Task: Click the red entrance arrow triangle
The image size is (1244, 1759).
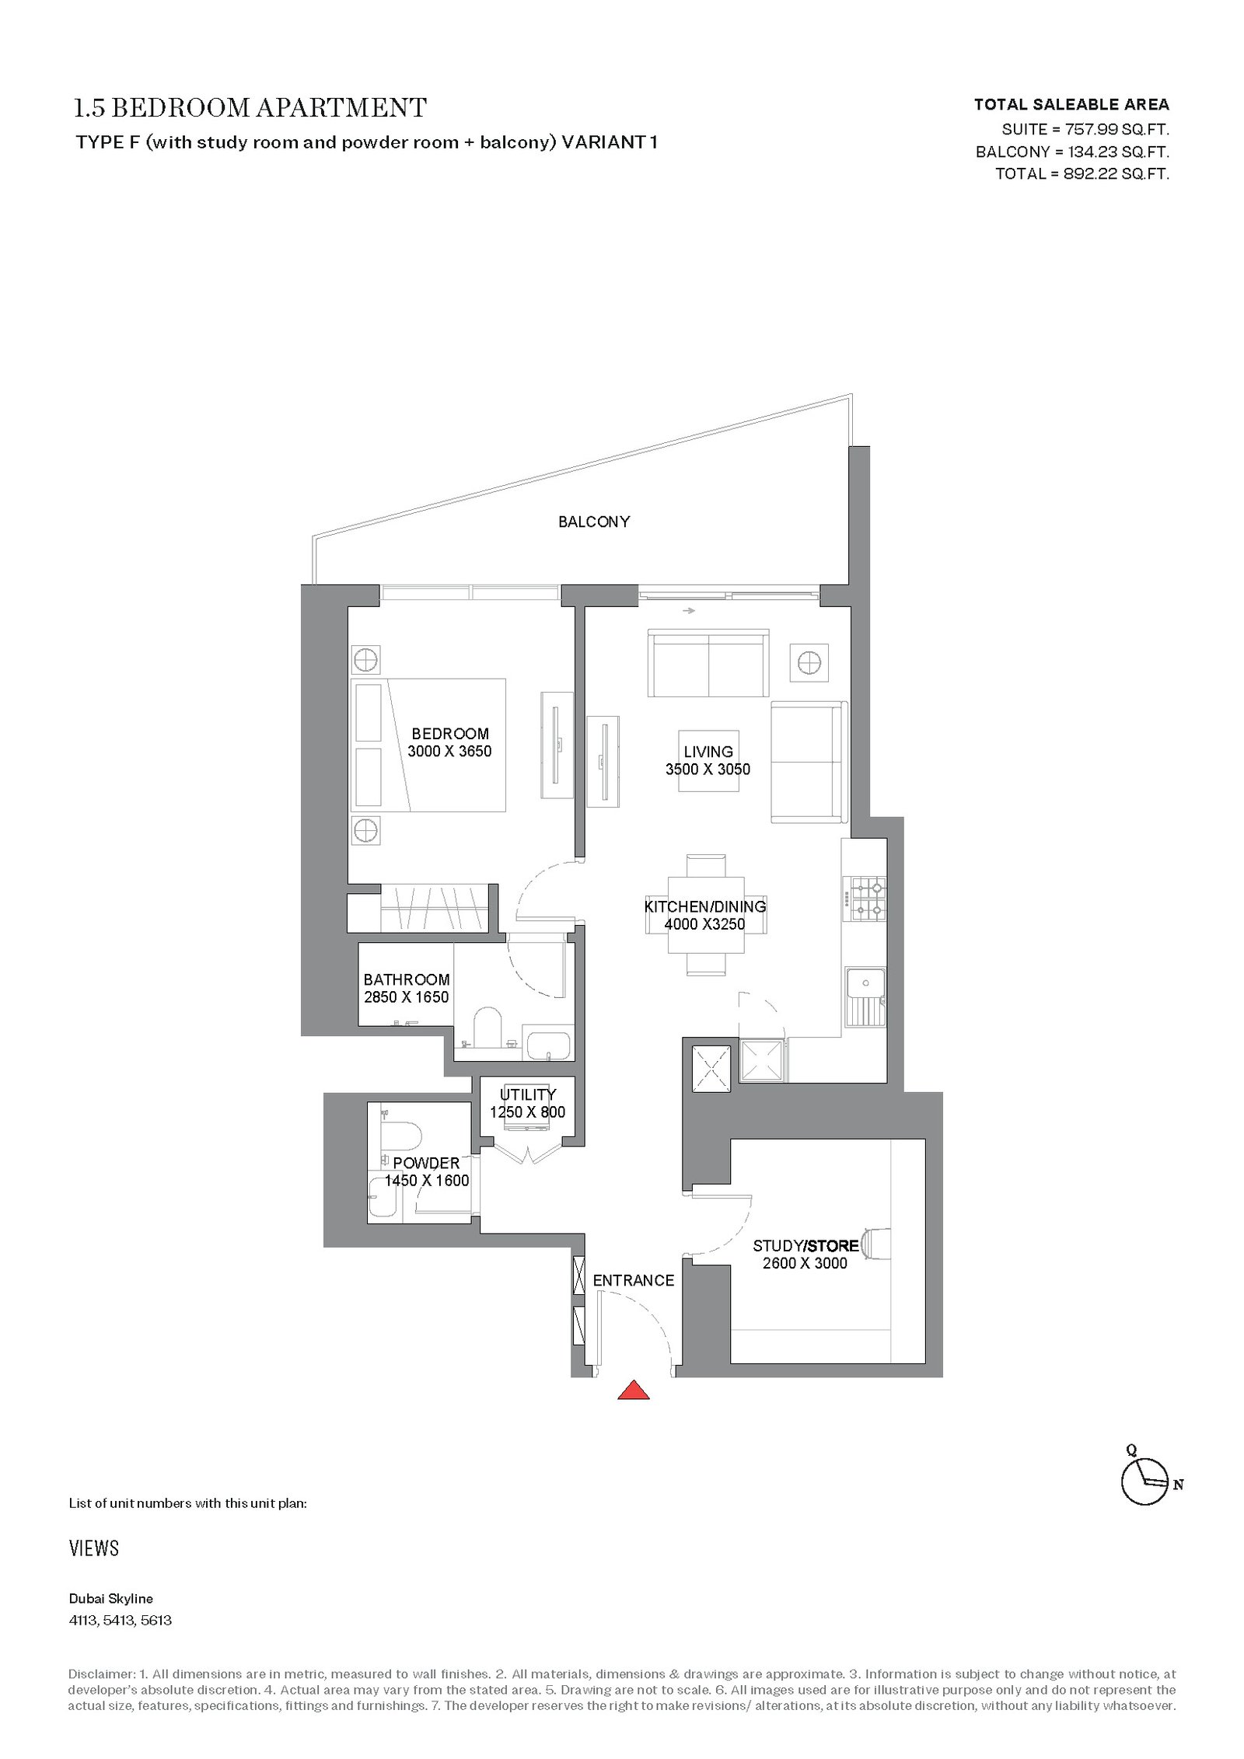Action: tap(634, 1390)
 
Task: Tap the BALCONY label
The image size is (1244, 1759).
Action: tap(594, 522)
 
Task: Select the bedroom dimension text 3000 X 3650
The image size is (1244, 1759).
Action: tap(449, 751)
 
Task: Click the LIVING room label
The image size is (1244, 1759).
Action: tap(708, 752)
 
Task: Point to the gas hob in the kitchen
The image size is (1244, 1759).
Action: tap(868, 898)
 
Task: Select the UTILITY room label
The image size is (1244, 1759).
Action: tap(528, 1094)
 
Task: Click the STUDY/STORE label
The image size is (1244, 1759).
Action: tap(805, 1245)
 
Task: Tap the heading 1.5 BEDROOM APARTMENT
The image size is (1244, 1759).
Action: tap(250, 108)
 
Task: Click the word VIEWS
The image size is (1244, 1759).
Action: tap(94, 1548)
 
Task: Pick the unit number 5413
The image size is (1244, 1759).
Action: tap(119, 1621)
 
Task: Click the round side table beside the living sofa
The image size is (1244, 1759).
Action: tap(809, 663)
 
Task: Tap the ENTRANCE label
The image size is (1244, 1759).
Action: tap(634, 1280)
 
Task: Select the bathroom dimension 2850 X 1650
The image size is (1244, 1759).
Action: tap(407, 996)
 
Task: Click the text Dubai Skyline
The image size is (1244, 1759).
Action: tap(111, 1599)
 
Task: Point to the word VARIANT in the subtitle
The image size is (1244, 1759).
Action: tap(605, 142)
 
